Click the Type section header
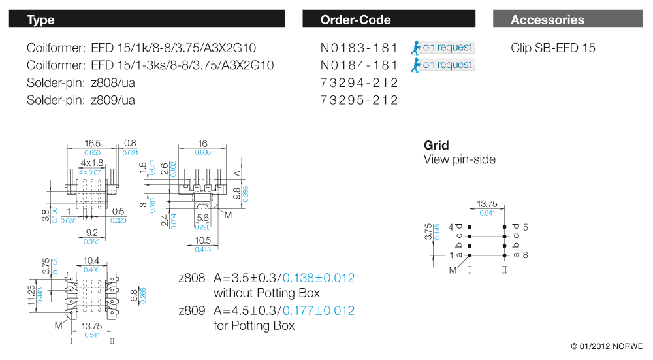click(40, 20)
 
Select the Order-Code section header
click(355, 20)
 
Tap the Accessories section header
click(547, 20)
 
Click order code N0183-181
click(359, 48)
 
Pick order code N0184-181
click(359, 65)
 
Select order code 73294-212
click(359, 83)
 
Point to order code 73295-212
click(359, 100)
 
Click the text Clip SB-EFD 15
click(552, 48)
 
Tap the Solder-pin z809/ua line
click(81, 100)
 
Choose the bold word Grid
click(436, 145)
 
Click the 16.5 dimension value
click(93, 143)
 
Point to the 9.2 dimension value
click(91, 232)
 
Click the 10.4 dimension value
click(92, 260)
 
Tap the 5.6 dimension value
click(202, 218)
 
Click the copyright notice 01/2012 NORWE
click(607, 346)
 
